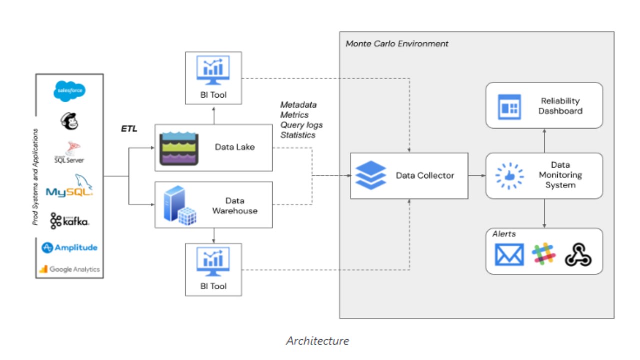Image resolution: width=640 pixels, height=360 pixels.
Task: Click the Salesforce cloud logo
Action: (x=70, y=91)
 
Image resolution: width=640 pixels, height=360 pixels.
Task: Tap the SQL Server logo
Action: (x=69, y=153)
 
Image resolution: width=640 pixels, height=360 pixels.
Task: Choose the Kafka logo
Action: (x=69, y=221)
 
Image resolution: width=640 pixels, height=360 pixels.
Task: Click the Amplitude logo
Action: (x=69, y=248)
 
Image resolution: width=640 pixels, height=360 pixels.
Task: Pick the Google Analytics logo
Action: (x=69, y=269)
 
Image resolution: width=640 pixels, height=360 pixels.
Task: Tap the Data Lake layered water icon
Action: (x=179, y=148)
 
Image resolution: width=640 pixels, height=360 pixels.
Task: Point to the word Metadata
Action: (x=298, y=105)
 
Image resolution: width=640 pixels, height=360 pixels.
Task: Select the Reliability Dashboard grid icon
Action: (x=509, y=107)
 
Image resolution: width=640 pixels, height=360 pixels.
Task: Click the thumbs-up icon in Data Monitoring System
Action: (x=509, y=176)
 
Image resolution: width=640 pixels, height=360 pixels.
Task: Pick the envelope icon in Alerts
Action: (x=509, y=254)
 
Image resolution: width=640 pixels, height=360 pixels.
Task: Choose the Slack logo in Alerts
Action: (x=544, y=254)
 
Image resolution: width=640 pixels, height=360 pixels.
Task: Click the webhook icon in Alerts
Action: (x=578, y=255)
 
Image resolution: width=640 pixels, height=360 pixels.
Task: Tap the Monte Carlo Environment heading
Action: (x=397, y=44)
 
